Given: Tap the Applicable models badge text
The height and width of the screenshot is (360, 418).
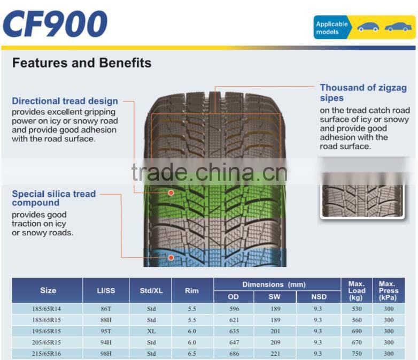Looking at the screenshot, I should point(331,28).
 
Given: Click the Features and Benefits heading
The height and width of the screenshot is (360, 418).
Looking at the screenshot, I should point(82,63).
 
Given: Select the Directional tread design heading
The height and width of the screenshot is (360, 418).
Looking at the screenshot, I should point(65,101).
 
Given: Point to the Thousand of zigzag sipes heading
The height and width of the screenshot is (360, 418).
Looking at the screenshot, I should point(363,93).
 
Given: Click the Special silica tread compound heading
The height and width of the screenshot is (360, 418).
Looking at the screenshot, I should point(53,198).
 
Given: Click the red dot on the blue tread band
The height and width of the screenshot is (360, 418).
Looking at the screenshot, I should point(171,258).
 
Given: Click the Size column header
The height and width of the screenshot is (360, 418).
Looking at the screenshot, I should point(48,290).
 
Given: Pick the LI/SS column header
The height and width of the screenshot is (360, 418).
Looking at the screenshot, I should point(106,290).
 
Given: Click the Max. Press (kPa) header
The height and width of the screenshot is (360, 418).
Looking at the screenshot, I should point(389,290).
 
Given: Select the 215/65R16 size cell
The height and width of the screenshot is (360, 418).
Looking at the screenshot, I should point(48,354).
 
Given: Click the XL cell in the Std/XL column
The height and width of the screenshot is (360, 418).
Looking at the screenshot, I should point(151,331).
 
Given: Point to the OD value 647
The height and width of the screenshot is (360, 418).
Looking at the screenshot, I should point(234,342).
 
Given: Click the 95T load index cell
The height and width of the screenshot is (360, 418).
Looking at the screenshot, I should point(106,331).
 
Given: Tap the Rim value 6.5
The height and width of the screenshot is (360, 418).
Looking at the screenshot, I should point(192,354).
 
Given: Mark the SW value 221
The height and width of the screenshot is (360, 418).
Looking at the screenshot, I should point(275,354).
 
